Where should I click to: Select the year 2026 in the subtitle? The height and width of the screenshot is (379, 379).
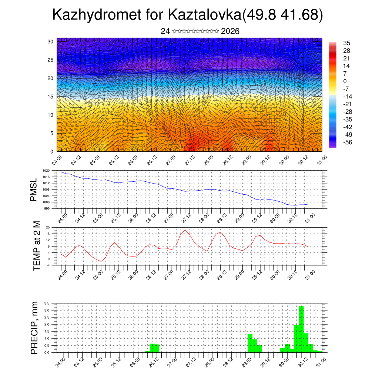[230, 31]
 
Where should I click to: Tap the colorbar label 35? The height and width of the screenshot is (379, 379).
[346, 43]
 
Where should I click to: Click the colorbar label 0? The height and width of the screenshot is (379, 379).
[345, 81]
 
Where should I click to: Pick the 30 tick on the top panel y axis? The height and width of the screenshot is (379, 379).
[50, 41]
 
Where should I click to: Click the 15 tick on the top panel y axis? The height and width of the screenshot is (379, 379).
[50, 97]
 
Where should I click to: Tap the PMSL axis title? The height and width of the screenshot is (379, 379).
[34, 189]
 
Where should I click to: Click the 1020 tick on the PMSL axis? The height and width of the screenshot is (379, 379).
[46, 171]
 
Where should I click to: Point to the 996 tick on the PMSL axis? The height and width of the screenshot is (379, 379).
[47, 208]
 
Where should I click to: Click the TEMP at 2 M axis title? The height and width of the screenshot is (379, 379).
[36, 246]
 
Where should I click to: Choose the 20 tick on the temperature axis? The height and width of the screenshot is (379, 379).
[48, 227]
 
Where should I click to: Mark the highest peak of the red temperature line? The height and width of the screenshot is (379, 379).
[185, 230]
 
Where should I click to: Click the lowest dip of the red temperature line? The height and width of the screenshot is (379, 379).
[101, 261]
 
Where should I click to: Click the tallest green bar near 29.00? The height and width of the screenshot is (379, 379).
[250, 343]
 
